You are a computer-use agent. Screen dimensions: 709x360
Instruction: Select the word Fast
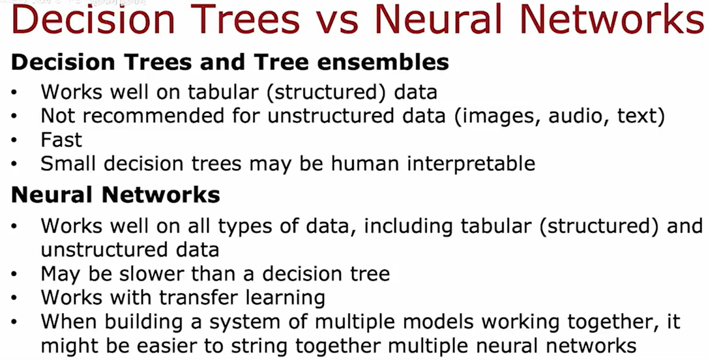tap(61, 140)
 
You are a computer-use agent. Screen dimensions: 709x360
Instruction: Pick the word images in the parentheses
tap(498, 117)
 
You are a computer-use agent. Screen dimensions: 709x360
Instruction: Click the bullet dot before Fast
tap(14, 140)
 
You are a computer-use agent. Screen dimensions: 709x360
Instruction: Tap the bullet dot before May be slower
tap(14, 274)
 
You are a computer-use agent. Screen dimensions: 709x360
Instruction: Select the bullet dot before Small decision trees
tap(14, 164)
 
